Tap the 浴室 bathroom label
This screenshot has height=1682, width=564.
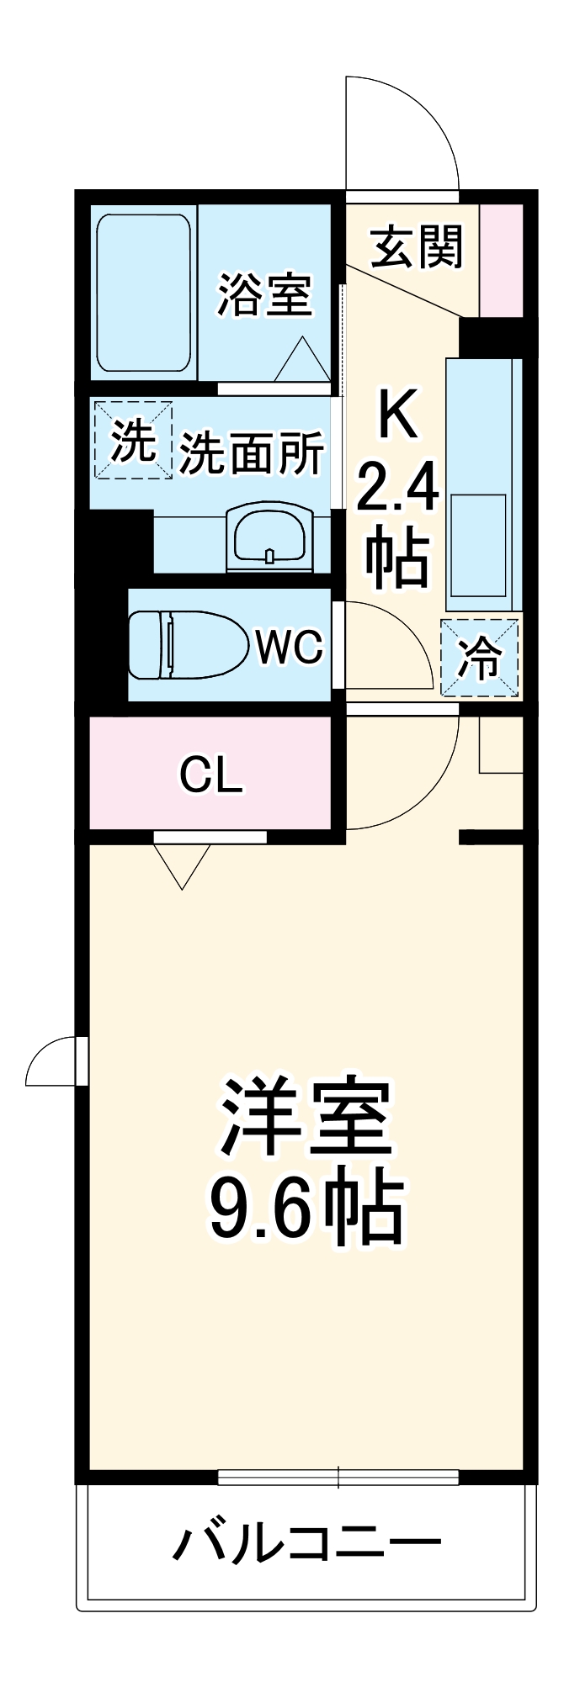(264, 295)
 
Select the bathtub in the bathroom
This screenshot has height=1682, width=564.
(143, 293)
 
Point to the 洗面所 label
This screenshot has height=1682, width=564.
(251, 453)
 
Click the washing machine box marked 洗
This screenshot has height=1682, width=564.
(133, 440)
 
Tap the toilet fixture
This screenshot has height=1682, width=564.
(190, 645)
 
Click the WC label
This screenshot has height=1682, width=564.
(289, 648)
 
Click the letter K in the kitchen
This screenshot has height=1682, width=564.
(397, 415)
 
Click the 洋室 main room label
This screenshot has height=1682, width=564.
(306, 1116)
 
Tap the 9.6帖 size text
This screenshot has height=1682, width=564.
(306, 1207)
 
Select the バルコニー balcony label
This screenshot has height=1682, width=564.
(306, 1541)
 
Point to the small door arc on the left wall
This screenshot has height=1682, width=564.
(52, 1061)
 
